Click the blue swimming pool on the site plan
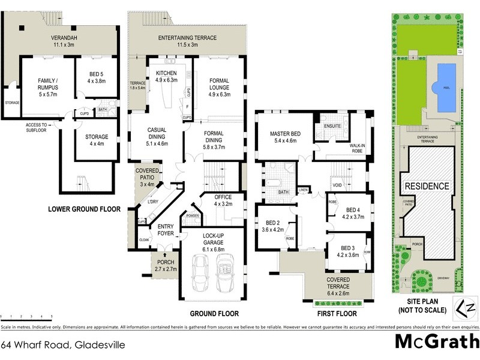click(445, 88)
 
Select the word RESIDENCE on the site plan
click(426, 186)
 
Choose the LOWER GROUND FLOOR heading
click(85, 209)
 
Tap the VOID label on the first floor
click(337, 185)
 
